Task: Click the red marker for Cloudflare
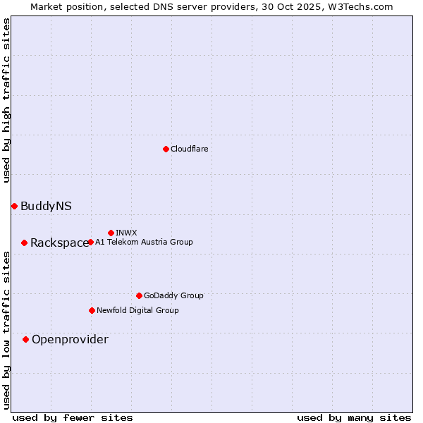(166, 149)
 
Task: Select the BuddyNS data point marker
(14, 206)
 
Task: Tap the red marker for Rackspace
(24, 243)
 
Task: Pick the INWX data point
(111, 233)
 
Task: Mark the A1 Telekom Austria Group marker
(90, 242)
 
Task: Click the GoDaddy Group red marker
(139, 295)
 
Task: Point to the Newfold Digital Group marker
(92, 310)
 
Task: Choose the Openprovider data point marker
(25, 339)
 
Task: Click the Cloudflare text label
(190, 149)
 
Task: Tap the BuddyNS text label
(46, 206)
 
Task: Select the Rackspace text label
(59, 243)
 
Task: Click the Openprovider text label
(70, 340)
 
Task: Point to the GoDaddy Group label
(173, 295)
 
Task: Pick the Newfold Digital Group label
(137, 310)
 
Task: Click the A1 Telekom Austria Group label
(144, 242)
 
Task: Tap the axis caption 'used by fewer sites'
(73, 418)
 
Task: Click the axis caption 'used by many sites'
(354, 418)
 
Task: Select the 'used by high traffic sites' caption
(6, 100)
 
